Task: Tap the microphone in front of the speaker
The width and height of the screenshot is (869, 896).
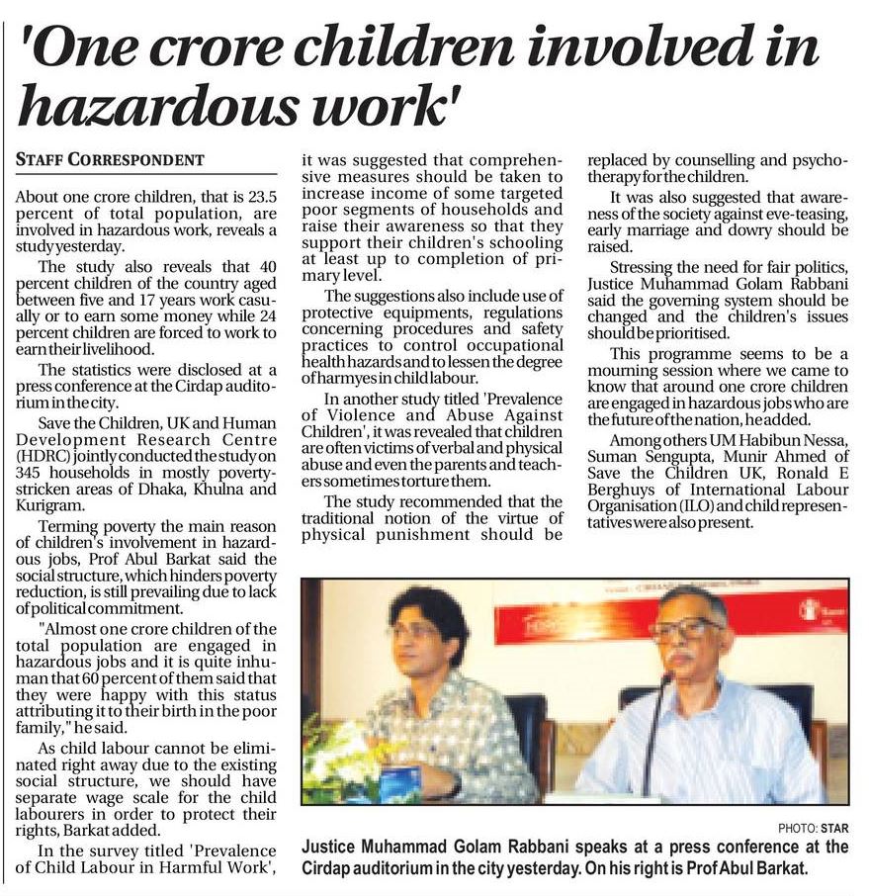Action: tap(653, 732)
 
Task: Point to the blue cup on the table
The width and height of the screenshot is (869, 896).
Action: tap(397, 781)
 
